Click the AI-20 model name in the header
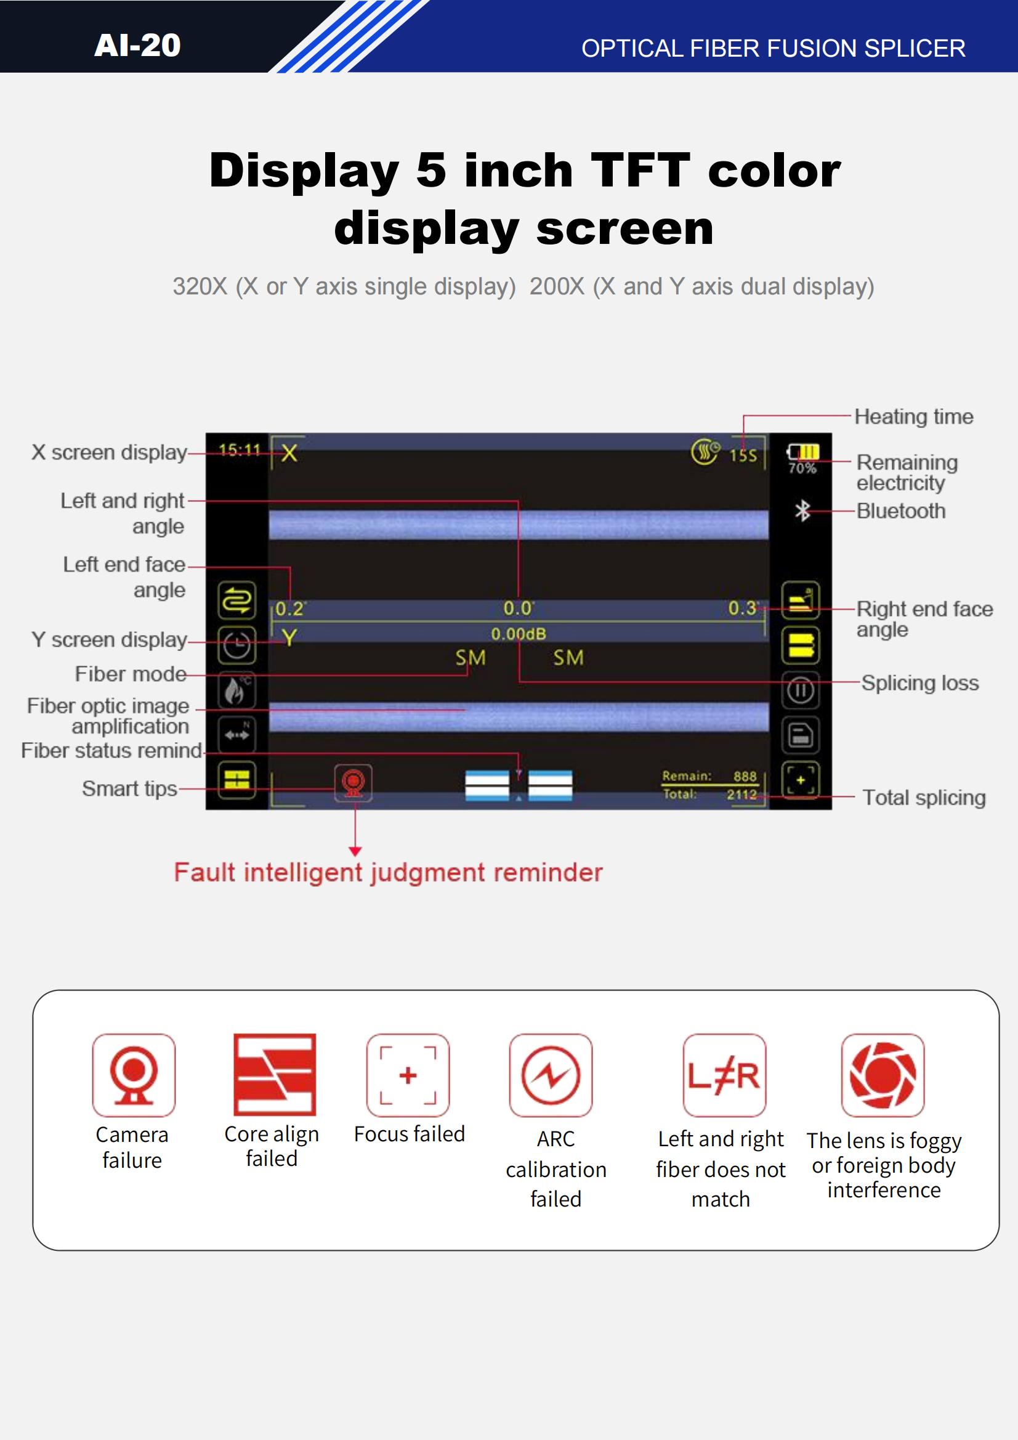click(x=137, y=45)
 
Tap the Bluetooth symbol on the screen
click(x=802, y=511)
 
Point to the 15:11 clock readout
click(x=239, y=450)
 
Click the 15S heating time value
click(x=743, y=455)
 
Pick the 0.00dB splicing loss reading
click(x=519, y=634)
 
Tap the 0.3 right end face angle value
click(x=743, y=608)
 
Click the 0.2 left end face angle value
click(x=290, y=609)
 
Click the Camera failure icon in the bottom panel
click(x=134, y=1075)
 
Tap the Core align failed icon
click(x=275, y=1074)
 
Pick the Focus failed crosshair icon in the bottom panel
click(x=408, y=1075)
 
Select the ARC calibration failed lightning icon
click(x=551, y=1075)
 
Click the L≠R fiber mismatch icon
click(x=724, y=1075)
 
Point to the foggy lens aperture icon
click(x=883, y=1075)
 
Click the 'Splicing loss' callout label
click(x=919, y=682)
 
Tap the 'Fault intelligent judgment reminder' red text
click(x=388, y=872)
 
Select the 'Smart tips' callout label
click(x=130, y=788)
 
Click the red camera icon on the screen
click(x=353, y=783)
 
